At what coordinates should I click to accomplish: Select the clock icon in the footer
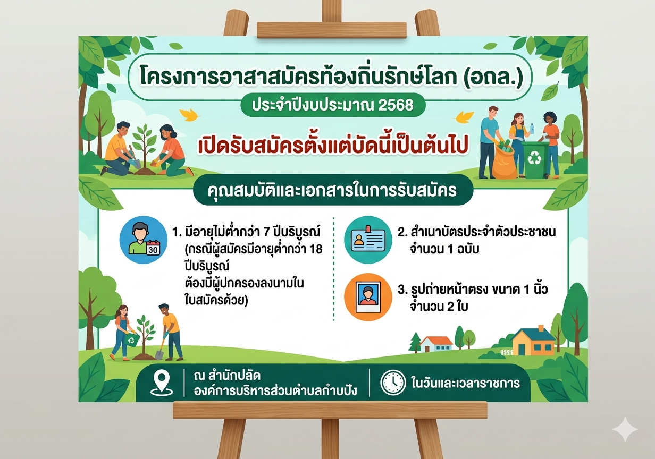click(x=393, y=382)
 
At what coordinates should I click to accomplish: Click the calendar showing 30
click(x=153, y=248)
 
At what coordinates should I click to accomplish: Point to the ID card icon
click(x=368, y=239)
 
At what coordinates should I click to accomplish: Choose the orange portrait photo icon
click(x=368, y=297)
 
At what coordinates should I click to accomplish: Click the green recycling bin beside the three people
click(x=535, y=160)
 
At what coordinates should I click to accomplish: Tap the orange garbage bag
click(x=504, y=162)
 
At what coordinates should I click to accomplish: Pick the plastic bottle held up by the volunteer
click(x=532, y=129)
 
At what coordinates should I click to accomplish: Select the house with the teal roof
click(x=533, y=342)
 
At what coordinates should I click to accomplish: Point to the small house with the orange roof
click(x=436, y=344)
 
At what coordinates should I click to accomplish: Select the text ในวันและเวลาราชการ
click(x=465, y=383)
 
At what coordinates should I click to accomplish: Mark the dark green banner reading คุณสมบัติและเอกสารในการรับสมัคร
click(x=333, y=190)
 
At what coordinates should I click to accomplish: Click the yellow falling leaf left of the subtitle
click(x=189, y=115)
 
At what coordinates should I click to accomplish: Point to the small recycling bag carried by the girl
click(x=132, y=339)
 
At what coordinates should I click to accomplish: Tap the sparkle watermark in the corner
click(x=625, y=429)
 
